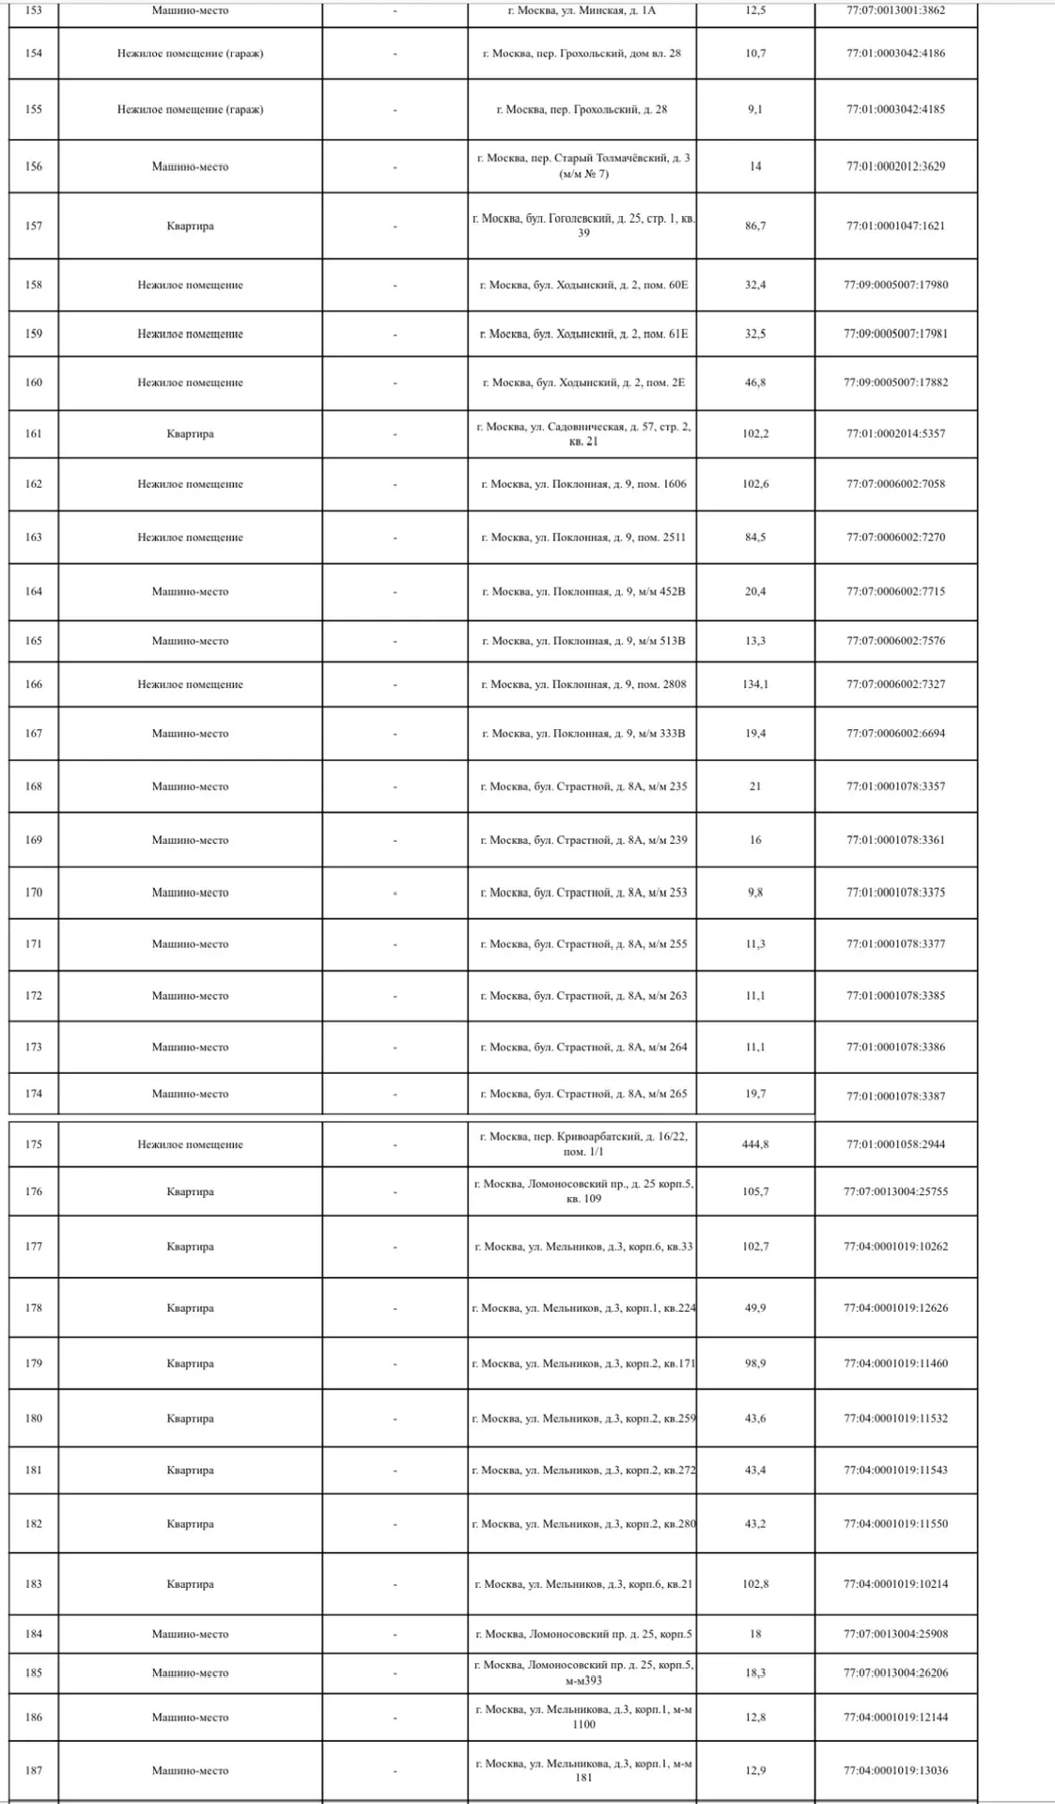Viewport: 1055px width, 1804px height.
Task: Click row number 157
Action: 34,225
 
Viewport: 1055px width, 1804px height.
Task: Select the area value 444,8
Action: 755,1144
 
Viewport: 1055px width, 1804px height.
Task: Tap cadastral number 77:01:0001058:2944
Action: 895,1144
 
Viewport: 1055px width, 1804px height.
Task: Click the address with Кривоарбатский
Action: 582,1143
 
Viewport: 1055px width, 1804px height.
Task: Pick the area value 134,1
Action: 755,684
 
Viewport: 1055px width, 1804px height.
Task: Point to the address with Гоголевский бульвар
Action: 582,225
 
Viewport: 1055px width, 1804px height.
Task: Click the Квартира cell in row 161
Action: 190,434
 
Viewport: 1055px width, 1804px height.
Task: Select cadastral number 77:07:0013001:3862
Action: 895,11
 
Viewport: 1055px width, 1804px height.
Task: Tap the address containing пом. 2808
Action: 582,684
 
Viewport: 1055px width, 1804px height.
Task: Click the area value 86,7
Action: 755,225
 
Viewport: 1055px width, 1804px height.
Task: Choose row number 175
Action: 34,1144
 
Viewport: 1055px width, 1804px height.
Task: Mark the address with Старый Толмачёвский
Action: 582,166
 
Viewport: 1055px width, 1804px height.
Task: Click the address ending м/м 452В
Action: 582,592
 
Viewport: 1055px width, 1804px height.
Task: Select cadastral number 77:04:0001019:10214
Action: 895,1584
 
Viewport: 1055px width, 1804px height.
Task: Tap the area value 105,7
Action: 755,1191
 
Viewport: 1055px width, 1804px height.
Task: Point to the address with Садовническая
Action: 582,434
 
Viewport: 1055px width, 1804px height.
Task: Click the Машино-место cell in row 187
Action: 190,1770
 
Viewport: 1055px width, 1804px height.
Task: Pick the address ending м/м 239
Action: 582,840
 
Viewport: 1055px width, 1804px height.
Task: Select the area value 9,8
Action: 755,893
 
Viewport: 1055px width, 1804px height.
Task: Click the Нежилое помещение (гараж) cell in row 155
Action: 190,109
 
